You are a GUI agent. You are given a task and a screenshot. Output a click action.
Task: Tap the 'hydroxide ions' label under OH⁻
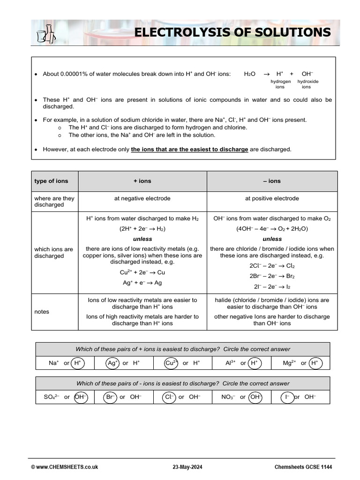(x=307, y=84)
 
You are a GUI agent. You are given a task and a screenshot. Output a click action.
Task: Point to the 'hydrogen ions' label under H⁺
(x=280, y=84)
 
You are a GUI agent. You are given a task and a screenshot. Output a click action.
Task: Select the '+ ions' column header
(x=142, y=181)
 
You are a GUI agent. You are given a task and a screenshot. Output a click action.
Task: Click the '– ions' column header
(x=271, y=181)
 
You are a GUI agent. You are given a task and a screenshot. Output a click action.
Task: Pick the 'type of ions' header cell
(x=51, y=181)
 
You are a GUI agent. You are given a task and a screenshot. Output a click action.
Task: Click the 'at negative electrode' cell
(x=142, y=198)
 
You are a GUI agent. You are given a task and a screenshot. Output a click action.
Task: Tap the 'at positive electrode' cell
(x=272, y=198)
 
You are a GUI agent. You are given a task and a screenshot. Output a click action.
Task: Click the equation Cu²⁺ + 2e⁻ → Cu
(x=142, y=272)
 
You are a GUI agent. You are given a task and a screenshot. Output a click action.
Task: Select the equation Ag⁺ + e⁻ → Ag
(x=142, y=283)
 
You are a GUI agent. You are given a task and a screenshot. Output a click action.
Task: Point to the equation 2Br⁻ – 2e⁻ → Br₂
(x=272, y=276)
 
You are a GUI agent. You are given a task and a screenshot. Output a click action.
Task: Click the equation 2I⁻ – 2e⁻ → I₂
(x=272, y=286)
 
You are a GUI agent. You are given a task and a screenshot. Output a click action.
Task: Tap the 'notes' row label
(x=42, y=311)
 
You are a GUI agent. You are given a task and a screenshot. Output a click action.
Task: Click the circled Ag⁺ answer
(x=112, y=363)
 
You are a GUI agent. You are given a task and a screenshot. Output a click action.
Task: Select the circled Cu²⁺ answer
(x=171, y=363)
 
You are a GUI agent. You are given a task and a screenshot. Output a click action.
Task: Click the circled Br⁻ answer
(x=110, y=397)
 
